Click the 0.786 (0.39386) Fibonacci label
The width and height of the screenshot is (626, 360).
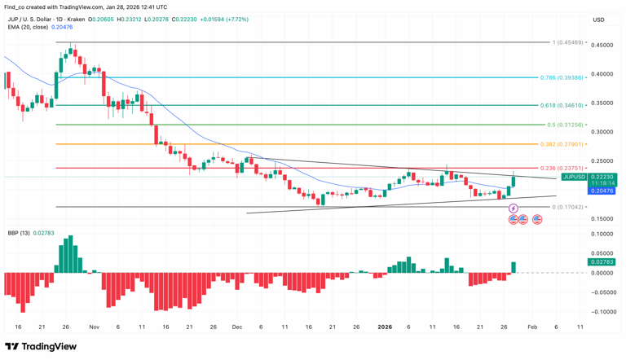pos(562,77)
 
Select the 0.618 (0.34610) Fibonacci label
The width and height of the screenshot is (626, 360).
pos(562,105)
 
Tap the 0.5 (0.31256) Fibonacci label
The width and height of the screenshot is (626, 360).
pos(564,125)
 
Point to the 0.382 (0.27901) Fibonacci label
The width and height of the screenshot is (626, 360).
pos(562,144)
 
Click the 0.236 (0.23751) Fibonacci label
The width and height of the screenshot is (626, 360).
pos(562,168)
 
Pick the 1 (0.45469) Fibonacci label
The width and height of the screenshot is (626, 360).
pos(567,42)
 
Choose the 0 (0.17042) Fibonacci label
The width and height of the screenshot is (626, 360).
pos(567,207)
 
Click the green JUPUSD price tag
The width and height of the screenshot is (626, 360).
pos(589,177)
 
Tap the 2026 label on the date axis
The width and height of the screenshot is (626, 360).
pos(386,327)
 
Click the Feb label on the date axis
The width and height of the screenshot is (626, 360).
pos(531,327)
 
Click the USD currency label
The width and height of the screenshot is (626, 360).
pos(599,20)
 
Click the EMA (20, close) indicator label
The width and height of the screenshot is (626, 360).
pos(28,27)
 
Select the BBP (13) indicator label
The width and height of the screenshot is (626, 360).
pos(18,233)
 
